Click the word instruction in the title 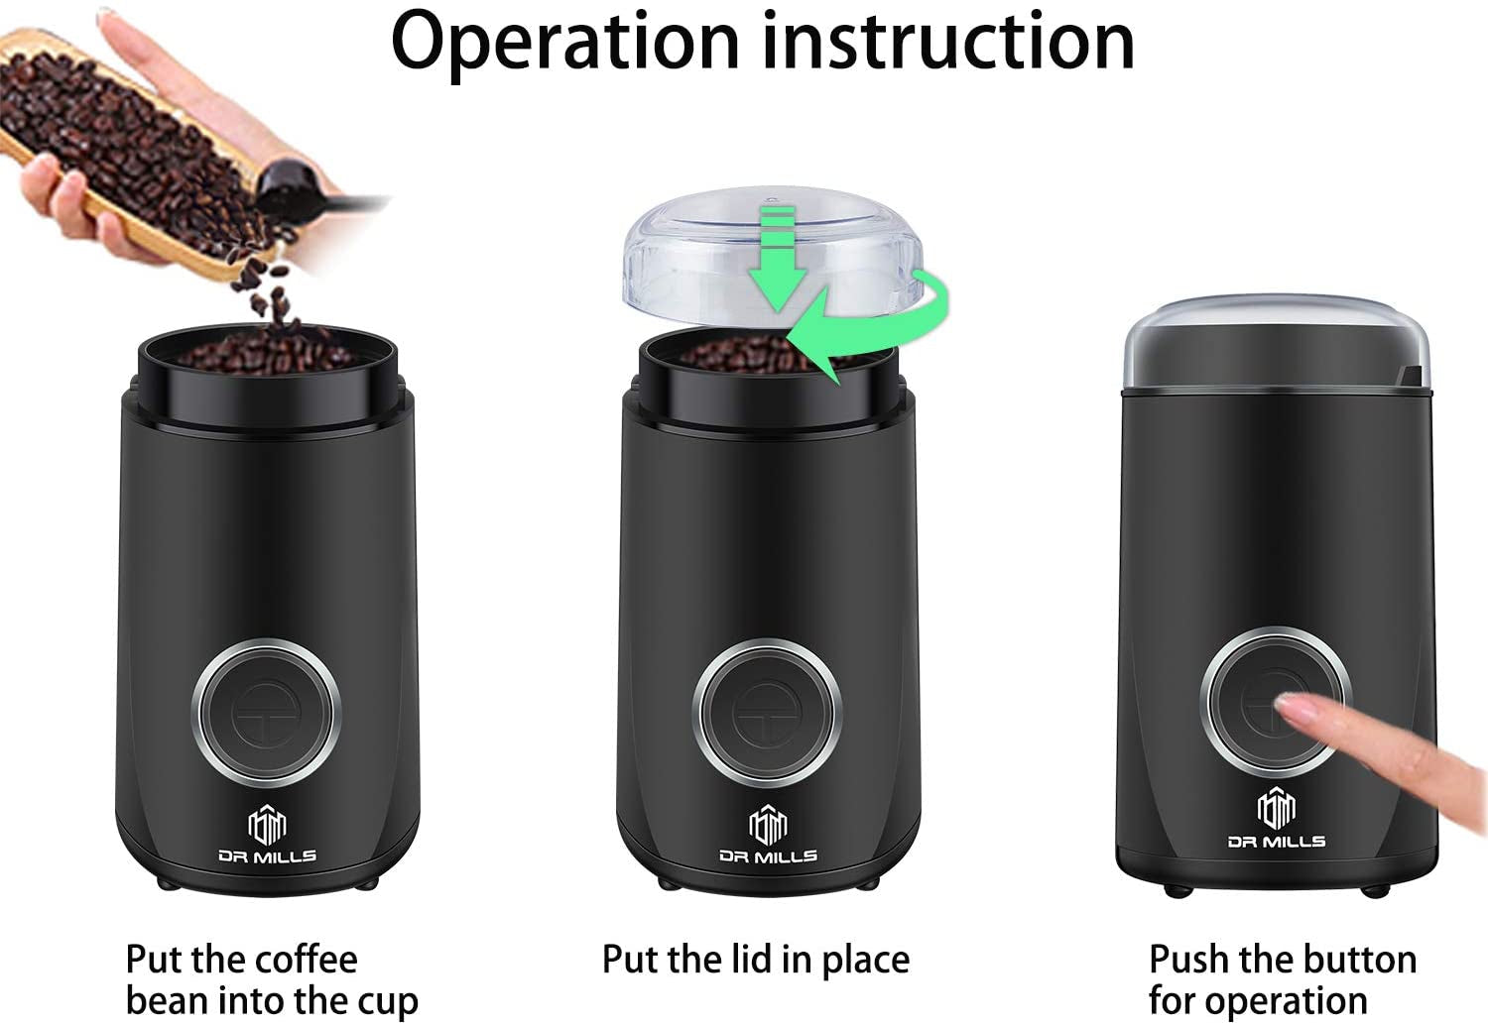point(950,42)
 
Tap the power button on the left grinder point(271,711)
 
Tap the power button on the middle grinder point(770,711)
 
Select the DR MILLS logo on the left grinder point(267,838)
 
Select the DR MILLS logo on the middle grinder point(768,838)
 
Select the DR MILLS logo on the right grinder point(1277,822)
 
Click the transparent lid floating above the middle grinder point(694,248)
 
